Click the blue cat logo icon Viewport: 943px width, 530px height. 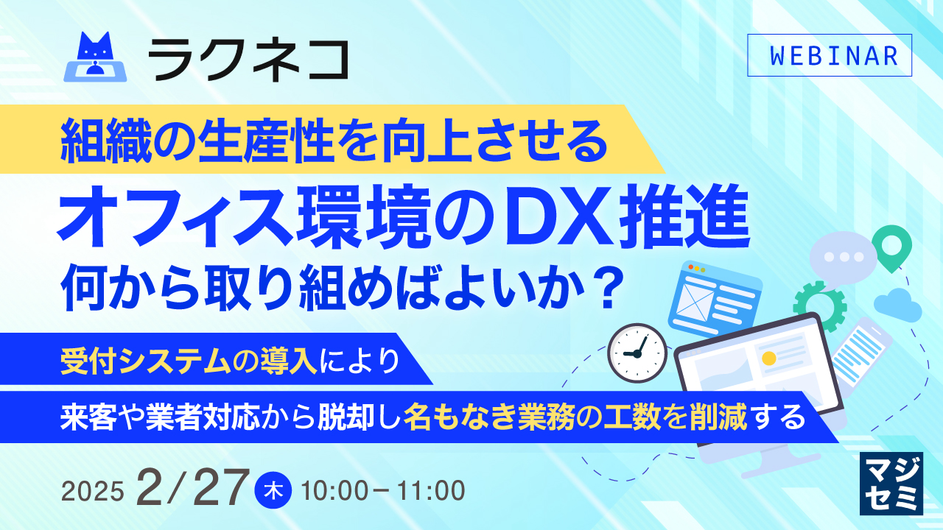pyautogui.click(x=96, y=58)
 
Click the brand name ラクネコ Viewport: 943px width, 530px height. pyautogui.click(x=248, y=60)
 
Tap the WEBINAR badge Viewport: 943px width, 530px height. pyautogui.click(x=829, y=56)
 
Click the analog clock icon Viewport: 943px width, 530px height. pyautogui.click(x=637, y=353)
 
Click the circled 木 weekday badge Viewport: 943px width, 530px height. pyautogui.click(x=273, y=490)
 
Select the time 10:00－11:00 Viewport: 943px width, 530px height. pyautogui.click(x=383, y=490)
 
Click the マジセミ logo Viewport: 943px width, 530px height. pyautogui.click(x=891, y=482)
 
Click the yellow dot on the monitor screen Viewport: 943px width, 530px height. pyautogui.click(x=769, y=358)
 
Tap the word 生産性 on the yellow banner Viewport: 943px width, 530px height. pyautogui.click(x=224, y=139)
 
